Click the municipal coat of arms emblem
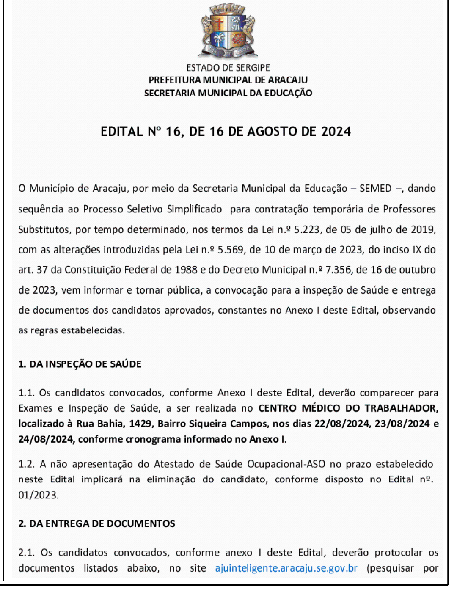pyautogui.click(x=228, y=30)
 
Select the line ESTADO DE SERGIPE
pyautogui.click(x=228, y=68)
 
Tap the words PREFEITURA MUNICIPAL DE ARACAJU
pyautogui.click(x=228, y=80)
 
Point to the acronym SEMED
pyautogui.click(x=375, y=188)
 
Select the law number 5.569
pyautogui.click(x=230, y=250)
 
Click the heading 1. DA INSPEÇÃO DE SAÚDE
pyautogui.click(x=80, y=364)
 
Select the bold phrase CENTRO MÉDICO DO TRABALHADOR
pyautogui.click(x=348, y=408)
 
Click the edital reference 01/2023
pyautogui.click(x=38, y=495)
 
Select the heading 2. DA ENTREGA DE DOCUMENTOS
pyautogui.click(x=96, y=524)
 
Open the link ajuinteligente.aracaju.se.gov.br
pyautogui.click(x=286, y=568)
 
